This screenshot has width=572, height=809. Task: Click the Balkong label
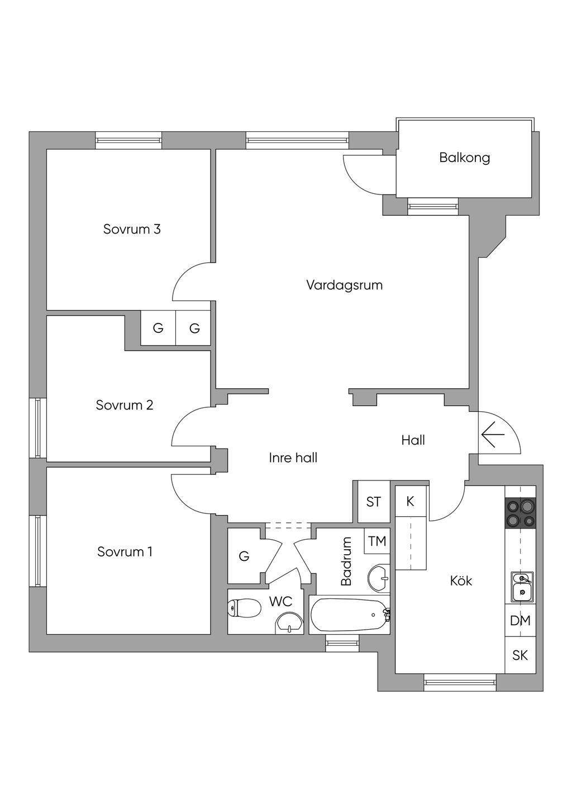[x=464, y=158]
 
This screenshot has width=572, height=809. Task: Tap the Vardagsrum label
[x=344, y=285]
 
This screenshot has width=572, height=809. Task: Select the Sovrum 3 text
[x=132, y=229]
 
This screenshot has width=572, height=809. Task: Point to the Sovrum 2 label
[x=125, y=405]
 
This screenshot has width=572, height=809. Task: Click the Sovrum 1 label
[x=125, y=552]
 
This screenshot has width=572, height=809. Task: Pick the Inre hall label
[x=293, y=458]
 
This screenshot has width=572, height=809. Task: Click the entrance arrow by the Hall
[x=493, y=435]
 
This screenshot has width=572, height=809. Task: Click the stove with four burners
[x=520, y=513]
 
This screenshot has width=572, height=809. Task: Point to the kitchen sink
[x=521, y=586]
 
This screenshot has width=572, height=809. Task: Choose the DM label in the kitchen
[x=520, y=621]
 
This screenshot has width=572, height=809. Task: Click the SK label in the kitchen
[x=520, y=655]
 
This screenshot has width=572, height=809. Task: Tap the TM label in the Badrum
[x=377, y=541]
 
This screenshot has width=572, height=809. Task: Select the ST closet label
[x=373, y=502]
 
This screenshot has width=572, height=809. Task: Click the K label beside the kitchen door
[x=410, y=502]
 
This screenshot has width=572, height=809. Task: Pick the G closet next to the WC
[x=244, y=556]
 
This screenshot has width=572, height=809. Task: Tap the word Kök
[x=461, y=581]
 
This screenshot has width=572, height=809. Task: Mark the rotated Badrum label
[x=346, y=561]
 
